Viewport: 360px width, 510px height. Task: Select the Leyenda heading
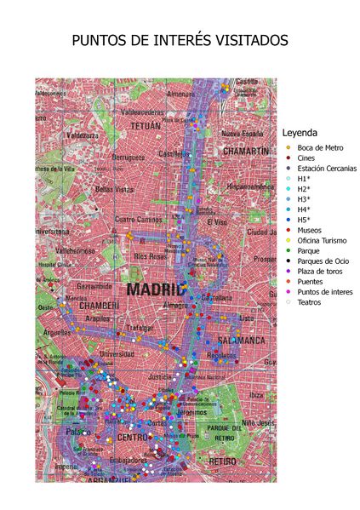300,133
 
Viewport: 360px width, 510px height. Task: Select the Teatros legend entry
309,301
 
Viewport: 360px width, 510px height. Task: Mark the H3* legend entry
304,199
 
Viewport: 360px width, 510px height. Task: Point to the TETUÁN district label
145,125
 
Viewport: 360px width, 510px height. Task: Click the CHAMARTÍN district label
245,151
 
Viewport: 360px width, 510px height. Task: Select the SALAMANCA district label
242,340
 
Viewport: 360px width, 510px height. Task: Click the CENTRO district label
135,438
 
